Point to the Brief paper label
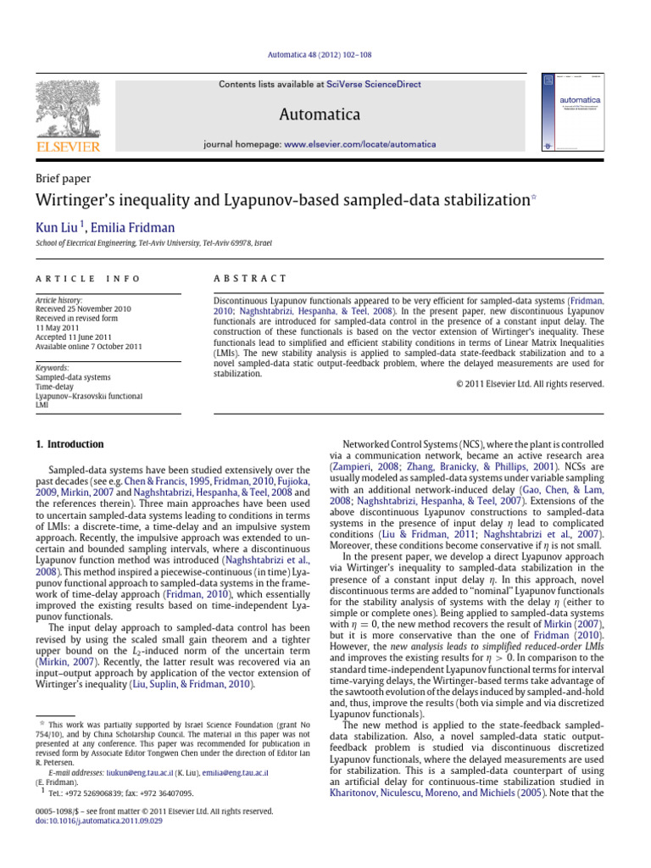63,179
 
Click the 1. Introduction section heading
70,444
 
